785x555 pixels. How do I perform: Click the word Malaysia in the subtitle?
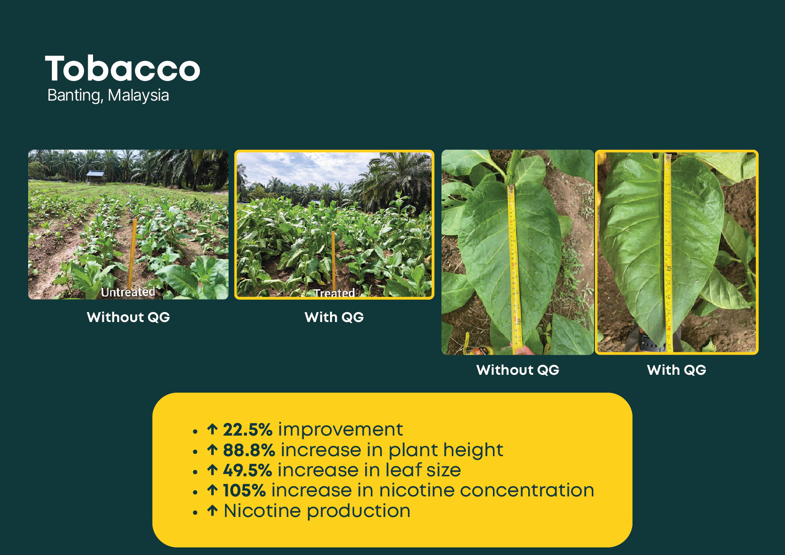pos(138,95)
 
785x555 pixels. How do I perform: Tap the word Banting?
pos(75,96)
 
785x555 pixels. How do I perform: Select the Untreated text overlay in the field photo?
pos(128,292)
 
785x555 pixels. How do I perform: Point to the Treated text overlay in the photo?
pos(334,293)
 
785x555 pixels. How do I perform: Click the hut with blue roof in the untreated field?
pos(95,177)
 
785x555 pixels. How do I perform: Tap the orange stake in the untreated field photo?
pos(133,253)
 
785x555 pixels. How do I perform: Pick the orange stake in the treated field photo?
pos(333,260)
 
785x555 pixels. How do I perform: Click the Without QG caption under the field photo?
pos(128,317)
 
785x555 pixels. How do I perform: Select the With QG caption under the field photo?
pos(334,317)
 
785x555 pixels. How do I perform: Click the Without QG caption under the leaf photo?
pos(518,370)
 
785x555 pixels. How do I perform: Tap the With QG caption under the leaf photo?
pos(676,370)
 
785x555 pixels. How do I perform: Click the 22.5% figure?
pos(248,430)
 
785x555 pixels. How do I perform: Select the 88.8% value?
pos(249,450)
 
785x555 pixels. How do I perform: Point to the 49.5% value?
pos(247,470)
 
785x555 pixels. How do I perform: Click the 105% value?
pos(244,491)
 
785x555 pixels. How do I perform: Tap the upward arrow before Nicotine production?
pos(212,510)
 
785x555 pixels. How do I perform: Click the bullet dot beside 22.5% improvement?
pos(195,432)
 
